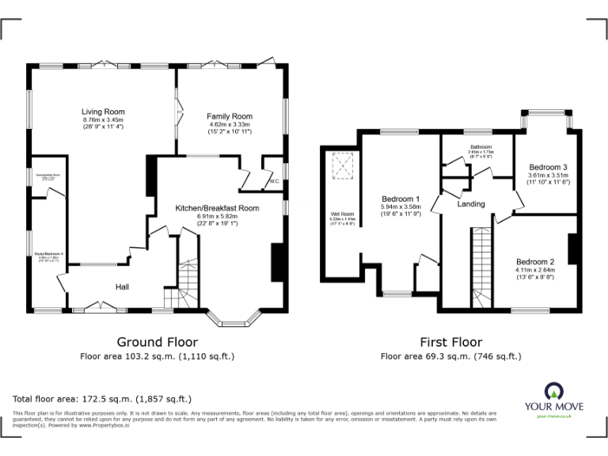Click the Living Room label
click(x=103, y=112)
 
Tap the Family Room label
click(x=230, y=116)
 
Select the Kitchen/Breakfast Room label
click(x=217, y=208)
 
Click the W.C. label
click(x=275, y=181)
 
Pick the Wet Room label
click(x=341, y=214)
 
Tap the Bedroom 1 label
click(x=401, y=199)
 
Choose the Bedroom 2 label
click(x=535, y=262)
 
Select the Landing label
click(x=471, y=204)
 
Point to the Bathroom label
click(x=481, y=147)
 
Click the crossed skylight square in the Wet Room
click(x=342, y=165)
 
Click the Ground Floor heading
click(x=157, y=342)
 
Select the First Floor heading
click(x=450, y=342)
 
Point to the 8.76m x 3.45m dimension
click(x=103, y=120)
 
